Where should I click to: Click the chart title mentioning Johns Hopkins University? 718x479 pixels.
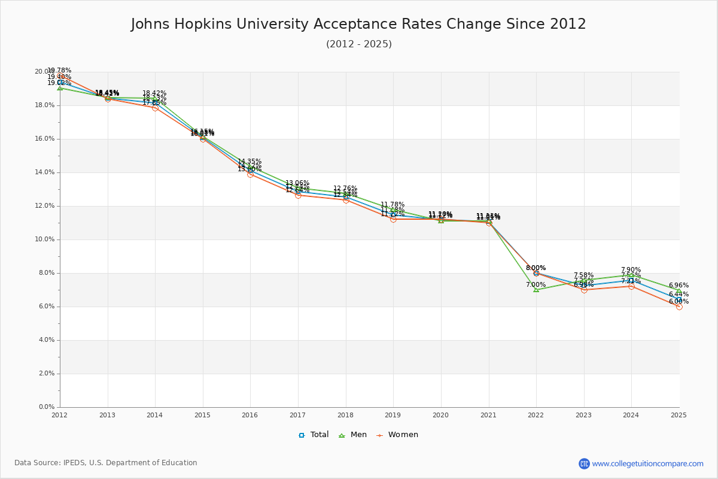(x=358, y=25)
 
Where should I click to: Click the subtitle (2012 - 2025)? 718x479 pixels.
(x=358, y=44)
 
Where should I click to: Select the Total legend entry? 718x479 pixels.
(x=314, y=435)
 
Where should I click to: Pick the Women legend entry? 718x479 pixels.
(x=397, y=435)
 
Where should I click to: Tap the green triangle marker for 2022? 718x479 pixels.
(x=536, y=290)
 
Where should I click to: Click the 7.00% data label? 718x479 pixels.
(x=536, y=285)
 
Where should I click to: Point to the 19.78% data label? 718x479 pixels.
(x=59, y=71)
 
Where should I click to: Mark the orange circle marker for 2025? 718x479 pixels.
(x=679, y=307)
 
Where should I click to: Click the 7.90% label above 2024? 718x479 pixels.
(x=631, y=270)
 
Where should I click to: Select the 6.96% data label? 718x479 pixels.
(x=679, y=286)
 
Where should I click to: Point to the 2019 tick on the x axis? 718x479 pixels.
(x=393, y=414)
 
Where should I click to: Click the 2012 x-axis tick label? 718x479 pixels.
(x=59, y=414)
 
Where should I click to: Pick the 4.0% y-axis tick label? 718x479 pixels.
(x=46, y=340)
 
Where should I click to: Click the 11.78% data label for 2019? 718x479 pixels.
(x=393, y=205)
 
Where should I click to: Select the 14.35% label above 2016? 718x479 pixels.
(x=250, y=162)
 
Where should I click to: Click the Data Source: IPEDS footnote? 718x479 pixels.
(x=106, y=463)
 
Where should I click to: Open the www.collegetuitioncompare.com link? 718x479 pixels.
(x=647, y=463)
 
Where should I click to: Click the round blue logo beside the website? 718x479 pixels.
(x=584, y=463)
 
